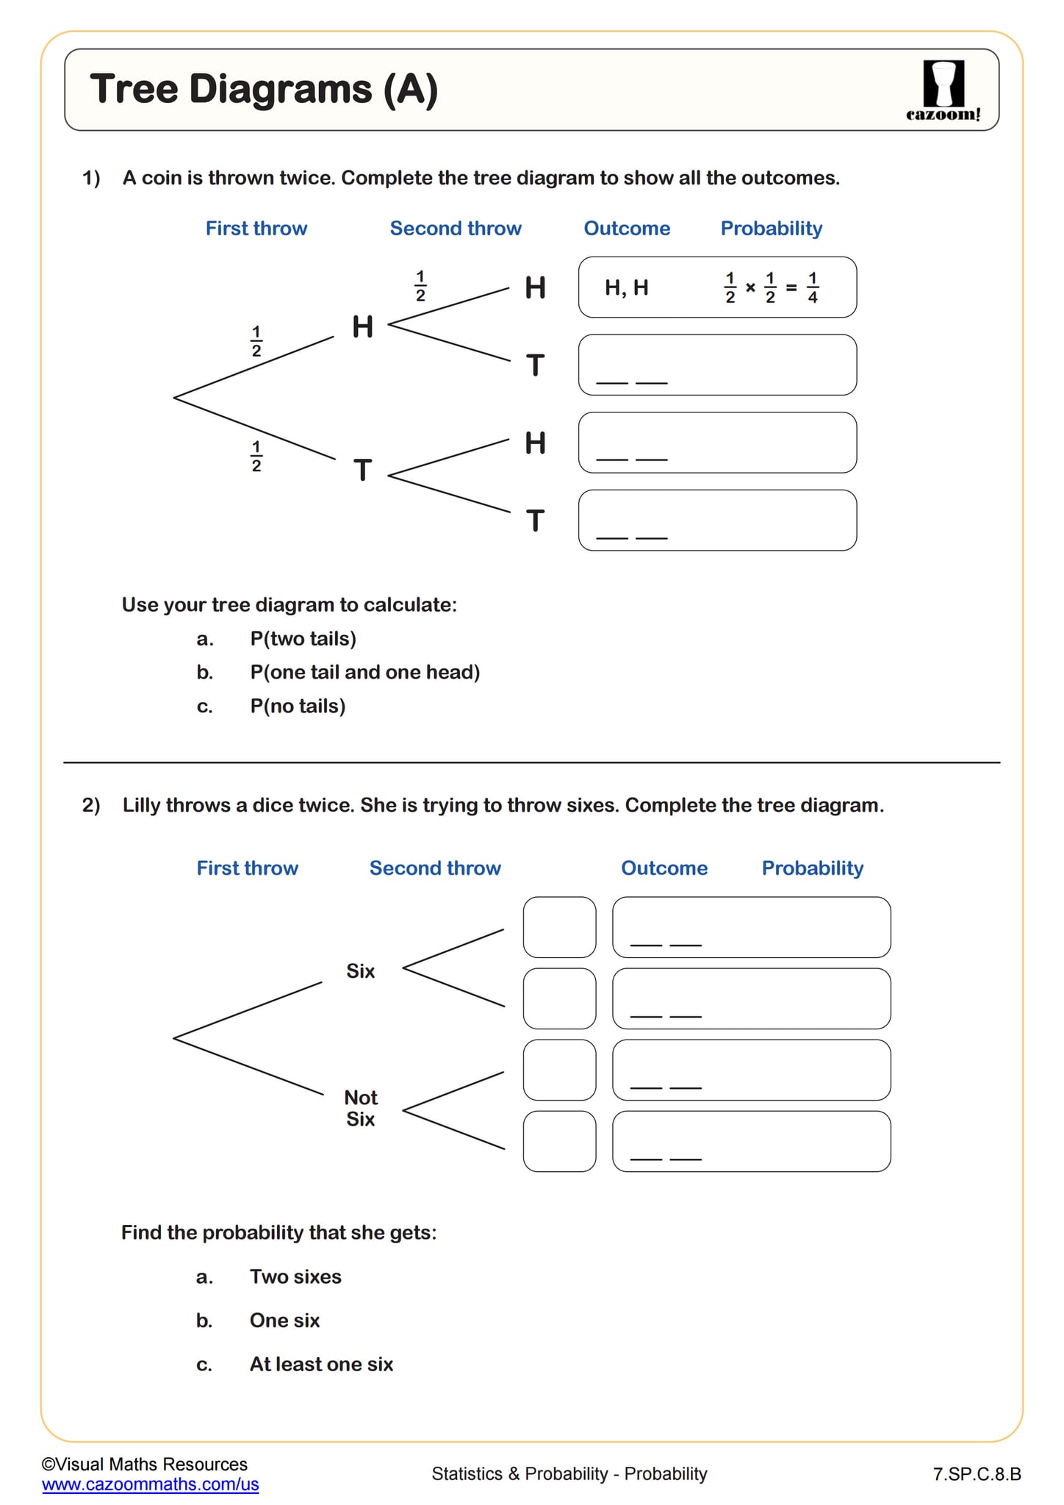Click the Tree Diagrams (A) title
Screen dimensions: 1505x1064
click(264, 90)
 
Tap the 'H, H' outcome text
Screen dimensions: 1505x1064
click(626, 287)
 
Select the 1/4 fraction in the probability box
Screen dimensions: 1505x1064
click(812, 287)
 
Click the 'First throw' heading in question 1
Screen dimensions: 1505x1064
click(256, 229)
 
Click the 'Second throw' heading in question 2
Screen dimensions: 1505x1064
click(435, 868)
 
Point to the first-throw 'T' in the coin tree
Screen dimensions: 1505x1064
click(362, 471)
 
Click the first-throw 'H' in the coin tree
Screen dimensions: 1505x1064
click(362, 327)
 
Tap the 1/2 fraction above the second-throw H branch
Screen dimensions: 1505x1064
click(420, 287)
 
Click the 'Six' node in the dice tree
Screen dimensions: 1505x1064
click(360, 971)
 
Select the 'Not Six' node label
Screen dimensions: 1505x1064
click(361, 1108)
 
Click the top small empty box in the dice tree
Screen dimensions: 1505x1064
click(559, 927)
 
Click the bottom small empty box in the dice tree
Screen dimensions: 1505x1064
click(559, 1141)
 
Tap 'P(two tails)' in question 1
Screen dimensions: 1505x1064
click(303, 639)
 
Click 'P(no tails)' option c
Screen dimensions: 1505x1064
click(298, 707)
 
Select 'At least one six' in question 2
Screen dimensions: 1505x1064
click(321, 1365)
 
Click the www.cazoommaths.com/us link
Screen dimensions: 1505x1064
click(151, 1484)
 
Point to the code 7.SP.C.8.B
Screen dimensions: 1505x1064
click(977, 1474)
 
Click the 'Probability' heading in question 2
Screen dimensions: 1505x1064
click(812, 868)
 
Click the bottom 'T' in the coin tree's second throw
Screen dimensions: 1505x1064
click(536, 521)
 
